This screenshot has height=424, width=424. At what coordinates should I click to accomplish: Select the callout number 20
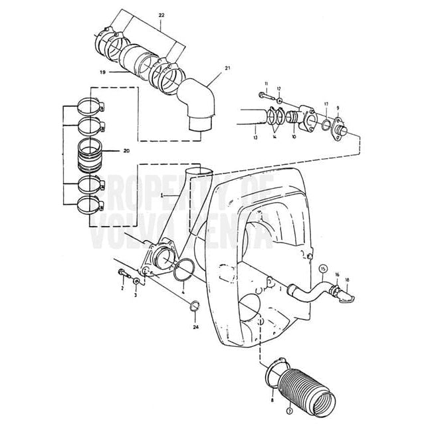126,152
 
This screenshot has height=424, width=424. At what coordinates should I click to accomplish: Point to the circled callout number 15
324,269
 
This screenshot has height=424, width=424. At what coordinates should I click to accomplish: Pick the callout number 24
195,328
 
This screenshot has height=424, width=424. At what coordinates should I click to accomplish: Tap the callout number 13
255,138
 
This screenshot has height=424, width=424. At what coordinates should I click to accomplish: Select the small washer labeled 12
280,101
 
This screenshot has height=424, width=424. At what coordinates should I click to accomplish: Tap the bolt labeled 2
124,272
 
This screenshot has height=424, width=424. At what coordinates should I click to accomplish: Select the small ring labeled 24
195,306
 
